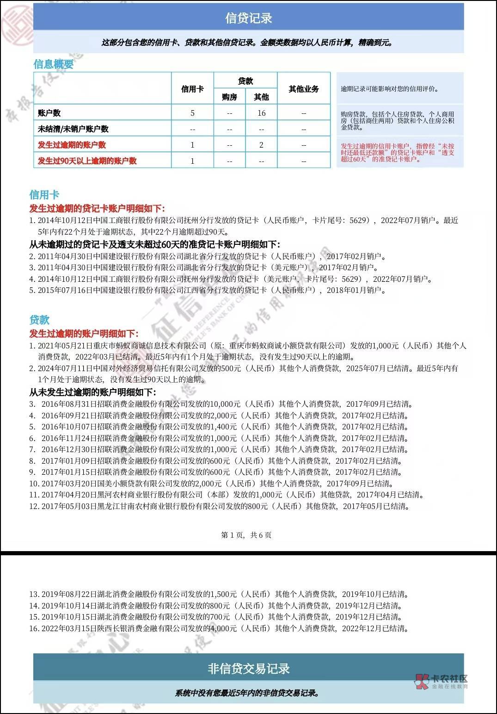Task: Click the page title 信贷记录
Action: point(248,18)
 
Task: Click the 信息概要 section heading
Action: point(54,64)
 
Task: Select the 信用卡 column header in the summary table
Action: point(192,89)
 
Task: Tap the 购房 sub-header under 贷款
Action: point(229,97)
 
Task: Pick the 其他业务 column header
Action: point(304,89)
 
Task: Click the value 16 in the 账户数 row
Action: point(261,113)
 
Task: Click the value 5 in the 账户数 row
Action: point(192,113)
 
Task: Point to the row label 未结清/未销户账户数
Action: point(73,129)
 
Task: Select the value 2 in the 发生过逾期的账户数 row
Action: point(261,145)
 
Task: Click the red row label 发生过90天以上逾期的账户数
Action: point(87,161)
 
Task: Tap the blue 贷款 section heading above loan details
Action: point(39,320)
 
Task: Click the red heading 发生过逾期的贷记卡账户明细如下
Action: point(97,208)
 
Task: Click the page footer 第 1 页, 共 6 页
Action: point(246,535)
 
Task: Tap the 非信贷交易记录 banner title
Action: point(248,668)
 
